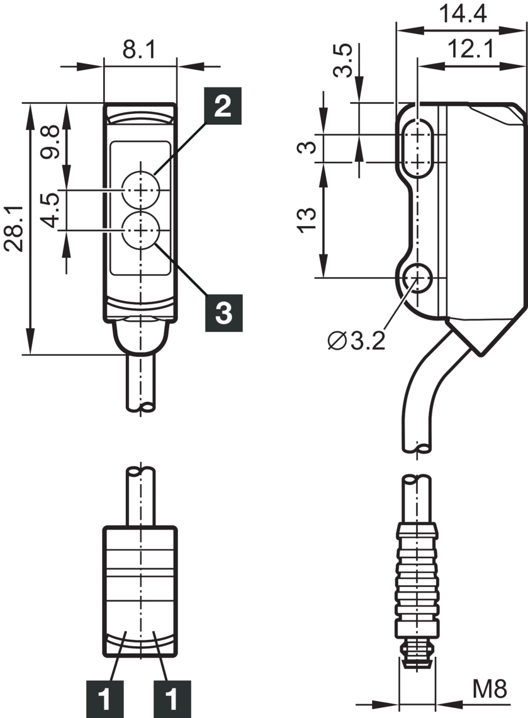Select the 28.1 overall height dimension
pos(14,229)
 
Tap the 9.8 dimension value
pos(50,142)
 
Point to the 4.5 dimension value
pos(50,210)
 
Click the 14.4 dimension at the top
pos(463,14)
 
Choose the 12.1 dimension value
pos(470,49)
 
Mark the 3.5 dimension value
pos(343,60)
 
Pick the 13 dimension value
pos(306,220)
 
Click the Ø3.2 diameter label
pos(357,341)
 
